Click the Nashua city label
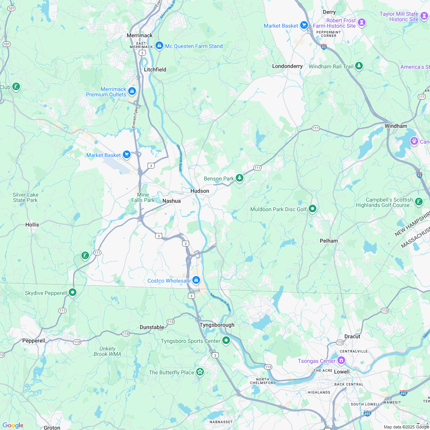[x=171, y=201]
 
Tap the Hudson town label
[x=200, y=191]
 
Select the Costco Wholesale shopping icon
[x=196, y=280]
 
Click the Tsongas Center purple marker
[x=341, y=361]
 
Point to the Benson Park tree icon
[x=240, y=178]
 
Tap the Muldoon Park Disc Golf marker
[x=313, y=209]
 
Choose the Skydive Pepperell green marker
[x=72, y=293]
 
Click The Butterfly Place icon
[x=200, y=372]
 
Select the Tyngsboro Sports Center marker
[x=226, y=340]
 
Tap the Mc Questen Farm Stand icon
[x=159, y=46]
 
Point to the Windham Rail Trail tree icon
[x=359, y=66]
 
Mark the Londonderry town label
[x=287, y=66]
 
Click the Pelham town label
[x=329, y=241]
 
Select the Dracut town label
[x=352, y=336]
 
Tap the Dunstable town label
[x=152, y=327]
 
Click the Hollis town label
[x=32, y=224]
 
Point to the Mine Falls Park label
[x=143, y=197]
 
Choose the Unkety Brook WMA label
[x=107, y=351]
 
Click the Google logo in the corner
[x=13, y=425]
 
